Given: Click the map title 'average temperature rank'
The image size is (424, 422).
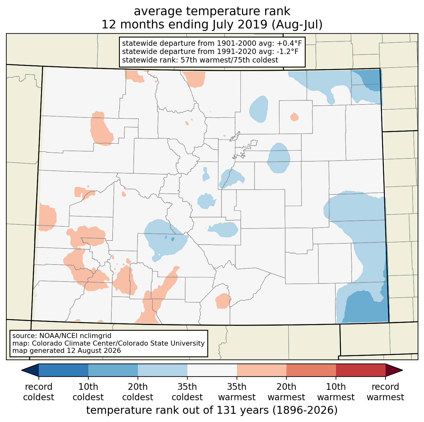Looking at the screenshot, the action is click(212, 11).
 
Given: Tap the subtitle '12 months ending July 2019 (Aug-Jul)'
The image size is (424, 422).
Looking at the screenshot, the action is click(212, 24).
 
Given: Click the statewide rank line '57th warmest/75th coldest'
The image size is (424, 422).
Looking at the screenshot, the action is click(229, 60).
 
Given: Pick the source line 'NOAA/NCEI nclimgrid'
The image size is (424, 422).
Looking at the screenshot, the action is click(75, 336).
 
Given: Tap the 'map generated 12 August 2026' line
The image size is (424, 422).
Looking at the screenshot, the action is click(67, 350).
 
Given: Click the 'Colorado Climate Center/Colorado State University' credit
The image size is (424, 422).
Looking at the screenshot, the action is click(118, 343).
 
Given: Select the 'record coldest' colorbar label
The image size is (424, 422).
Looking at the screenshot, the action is click(38, 392).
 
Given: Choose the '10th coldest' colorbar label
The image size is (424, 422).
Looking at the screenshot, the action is click(88, 392).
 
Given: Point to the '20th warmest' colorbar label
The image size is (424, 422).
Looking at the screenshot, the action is click(286, 392).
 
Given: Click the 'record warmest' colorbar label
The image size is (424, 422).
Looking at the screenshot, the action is click(385, 392).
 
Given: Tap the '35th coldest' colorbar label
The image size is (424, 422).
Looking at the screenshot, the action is click(187, 392).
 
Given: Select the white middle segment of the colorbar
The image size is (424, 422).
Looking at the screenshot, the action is click(212, 370).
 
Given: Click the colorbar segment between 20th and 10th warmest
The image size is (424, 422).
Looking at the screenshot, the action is click(311, 370).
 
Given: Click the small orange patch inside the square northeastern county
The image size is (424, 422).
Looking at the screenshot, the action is click(294, 117).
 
